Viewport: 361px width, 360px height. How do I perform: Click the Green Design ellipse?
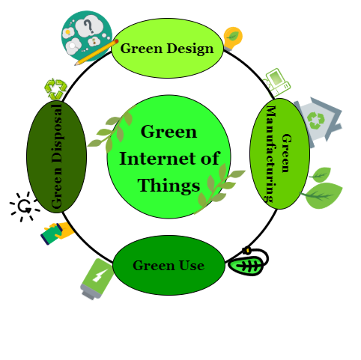pyautogui.click(x=167, y=48)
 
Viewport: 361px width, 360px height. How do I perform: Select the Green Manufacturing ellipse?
pyautogui.click(x=280, y=153)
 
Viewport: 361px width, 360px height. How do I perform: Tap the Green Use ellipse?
pyautogui.click(x=169, y=265)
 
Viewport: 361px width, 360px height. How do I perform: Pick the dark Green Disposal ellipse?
pyautogui.click(x=57, y=157)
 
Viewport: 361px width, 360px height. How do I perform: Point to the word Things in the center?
pyautogui.click(x=169, y=186)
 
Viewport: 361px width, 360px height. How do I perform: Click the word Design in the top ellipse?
pyautogui.click(x=190, y=49)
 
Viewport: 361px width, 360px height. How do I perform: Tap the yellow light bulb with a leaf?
pyautogui.click(x=232, y=38)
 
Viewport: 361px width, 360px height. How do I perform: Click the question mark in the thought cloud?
pyautogui.click(x=88, y=26)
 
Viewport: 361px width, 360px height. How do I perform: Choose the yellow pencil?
pyautogui.click(x=97, y=52)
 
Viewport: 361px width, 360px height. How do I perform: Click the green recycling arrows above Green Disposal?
pyautogui.click(x=55, y=89)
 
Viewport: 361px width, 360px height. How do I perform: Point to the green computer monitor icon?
pyautogui.click(x=277, y=82)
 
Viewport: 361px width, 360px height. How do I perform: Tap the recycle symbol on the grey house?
pyautogui.click(x=315, y=120)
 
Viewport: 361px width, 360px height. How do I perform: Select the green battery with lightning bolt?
pyautogui.click(x=97, y=278)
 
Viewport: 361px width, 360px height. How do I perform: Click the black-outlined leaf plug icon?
pyautogui.click(x=248, y=262)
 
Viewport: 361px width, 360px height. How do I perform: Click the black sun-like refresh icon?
pyautogui.click(x=25, y=207)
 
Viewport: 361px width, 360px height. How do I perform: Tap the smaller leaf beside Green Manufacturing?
pyautogui.click(x=321, y=174)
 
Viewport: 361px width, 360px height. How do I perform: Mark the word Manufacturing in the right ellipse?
pyautogui.click(x=271, y=153)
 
